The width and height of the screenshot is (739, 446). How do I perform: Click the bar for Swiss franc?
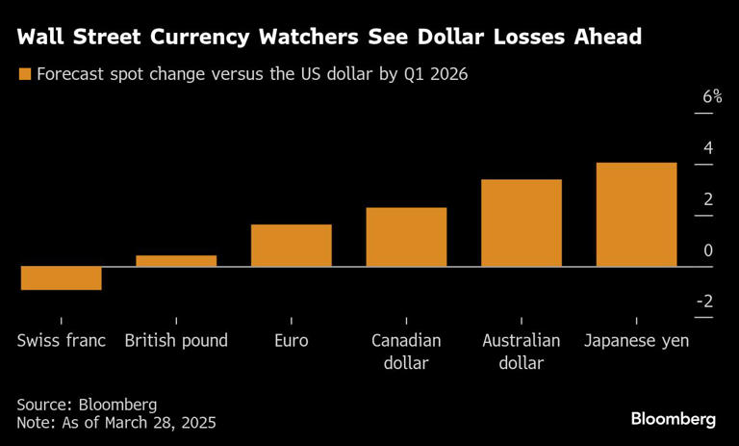(61, 277)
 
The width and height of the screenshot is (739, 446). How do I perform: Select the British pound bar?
(176, 260)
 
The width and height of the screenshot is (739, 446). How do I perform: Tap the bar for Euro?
(292, 245)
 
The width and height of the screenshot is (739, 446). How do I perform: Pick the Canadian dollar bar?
(406, 237)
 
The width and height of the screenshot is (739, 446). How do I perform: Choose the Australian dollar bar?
(522, 223)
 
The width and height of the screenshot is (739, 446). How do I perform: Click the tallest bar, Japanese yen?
(636, 214)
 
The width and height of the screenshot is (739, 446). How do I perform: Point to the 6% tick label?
(712, 97)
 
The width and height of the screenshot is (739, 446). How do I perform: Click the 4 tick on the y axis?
(708, 148)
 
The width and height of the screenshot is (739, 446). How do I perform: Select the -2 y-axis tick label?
(704, 302)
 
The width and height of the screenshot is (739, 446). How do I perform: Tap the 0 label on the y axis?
(708, 250)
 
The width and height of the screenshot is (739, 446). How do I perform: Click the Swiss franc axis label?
(61, 341)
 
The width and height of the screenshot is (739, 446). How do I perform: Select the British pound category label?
(176, 341)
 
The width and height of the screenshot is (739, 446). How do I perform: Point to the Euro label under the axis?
(292, 341)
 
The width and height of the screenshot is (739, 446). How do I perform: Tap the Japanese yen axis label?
(636, 341)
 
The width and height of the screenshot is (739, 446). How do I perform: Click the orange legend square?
(24, 74)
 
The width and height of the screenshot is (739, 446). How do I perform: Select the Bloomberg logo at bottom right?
(674, 419)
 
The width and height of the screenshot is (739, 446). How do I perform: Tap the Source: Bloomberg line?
(87, 404)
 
